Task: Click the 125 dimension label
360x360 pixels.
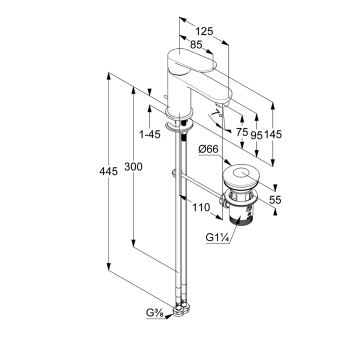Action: coord(204,31)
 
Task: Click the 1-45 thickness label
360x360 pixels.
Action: coord(149,134)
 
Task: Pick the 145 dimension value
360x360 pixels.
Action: coord(273,134)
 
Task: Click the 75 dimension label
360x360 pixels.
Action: coord(242,132)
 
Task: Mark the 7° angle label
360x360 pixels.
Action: coord(215,114)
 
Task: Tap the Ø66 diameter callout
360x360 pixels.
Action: coord(207,148)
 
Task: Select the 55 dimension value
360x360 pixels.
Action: coord(275,199)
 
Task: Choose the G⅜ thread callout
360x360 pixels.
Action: coord(154,313)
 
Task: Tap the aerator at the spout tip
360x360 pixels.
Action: coord(220,103)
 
